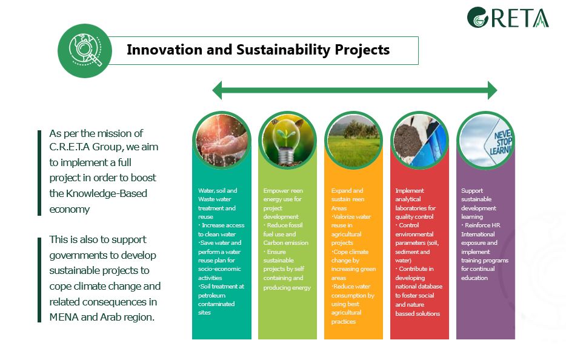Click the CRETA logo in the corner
click(x=508, y=18)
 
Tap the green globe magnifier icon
click(x=85, y=50)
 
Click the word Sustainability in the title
click(x=283, y=50)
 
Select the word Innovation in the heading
click(x=164, y=50)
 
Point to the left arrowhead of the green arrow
click(x=217, y=90)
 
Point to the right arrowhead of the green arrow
click(x=492, y=90)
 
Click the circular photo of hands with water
click(x=222, y=140)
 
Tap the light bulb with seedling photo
click(x=288, y=140)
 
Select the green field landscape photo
click(x=354, y=140)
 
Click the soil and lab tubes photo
click(x=420, y=140)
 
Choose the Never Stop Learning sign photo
click(x=486, y=140)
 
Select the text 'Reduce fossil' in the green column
click(x=285, y=225)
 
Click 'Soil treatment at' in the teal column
click(x=222, y=286)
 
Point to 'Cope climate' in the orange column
click(x=351, y=252)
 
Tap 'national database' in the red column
click(x=419, y=286)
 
